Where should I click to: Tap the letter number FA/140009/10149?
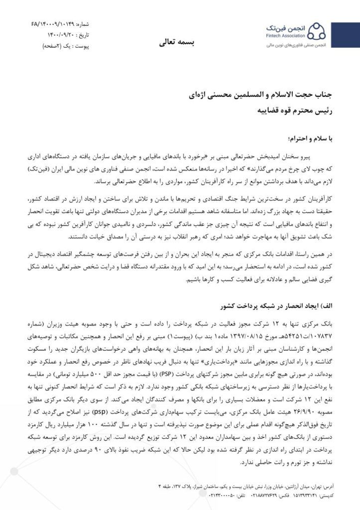[54, 23]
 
